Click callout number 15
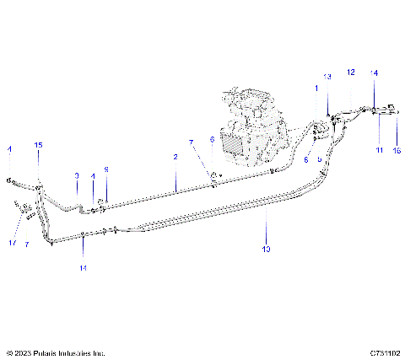[x=38, y=146]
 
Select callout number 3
[x=76, y=175]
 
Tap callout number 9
[x=106, y=169]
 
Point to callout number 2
[x=175, y=157]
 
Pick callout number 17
[x=13, y=243]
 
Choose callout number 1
[x=317, y=89]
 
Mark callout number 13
[x=328, y=77]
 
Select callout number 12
[x=351, y=73]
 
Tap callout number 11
[x=379, y=149]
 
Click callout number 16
[x=397, y=149]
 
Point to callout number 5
[x=320, y=158]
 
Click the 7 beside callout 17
[x=27, y=244]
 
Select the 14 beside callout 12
[x=374, y=73]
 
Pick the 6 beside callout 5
[x=305, y=158]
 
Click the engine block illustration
[x=253, y=114]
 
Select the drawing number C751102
[x=384, y=353]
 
